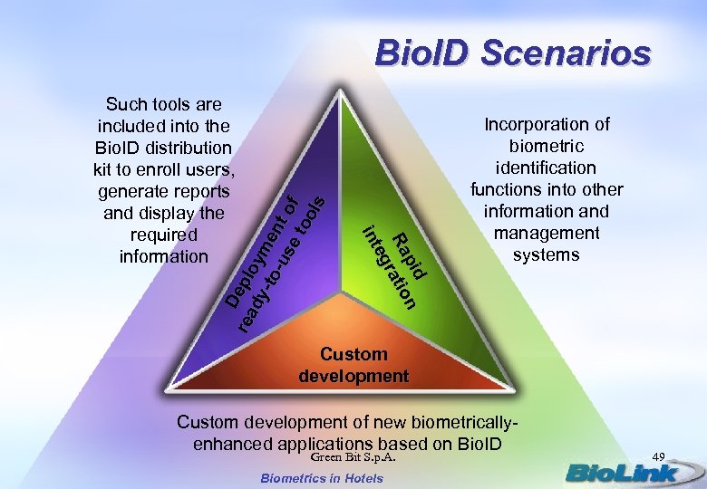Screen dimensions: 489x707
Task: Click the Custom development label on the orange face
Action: [353, 364]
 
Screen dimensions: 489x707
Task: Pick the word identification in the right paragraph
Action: [546, 168]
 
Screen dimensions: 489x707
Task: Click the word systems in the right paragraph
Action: [546, 254]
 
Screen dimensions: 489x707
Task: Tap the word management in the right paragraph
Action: [546, 233]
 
